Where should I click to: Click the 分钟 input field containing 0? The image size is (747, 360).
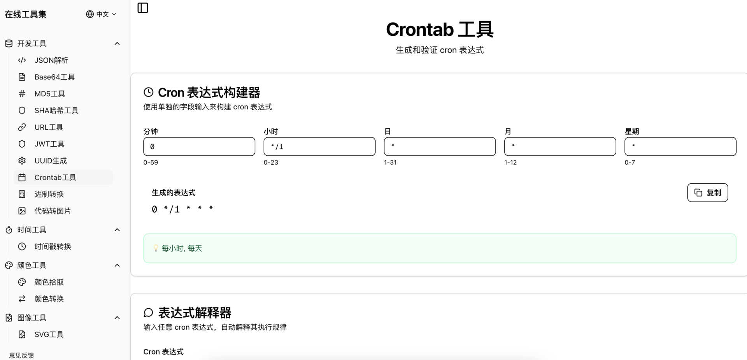[x=199, y=146]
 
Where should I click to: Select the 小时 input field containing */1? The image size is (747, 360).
[x=319, y=146]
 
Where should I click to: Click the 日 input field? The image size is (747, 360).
[x=440, y=146]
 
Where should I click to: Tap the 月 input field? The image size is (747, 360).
[x=560, y=146]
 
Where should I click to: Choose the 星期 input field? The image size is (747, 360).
[x=680, y=146]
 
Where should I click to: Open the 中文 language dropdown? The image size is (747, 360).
[x=101, y=14]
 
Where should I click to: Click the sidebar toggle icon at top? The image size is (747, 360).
[x=143, y=8]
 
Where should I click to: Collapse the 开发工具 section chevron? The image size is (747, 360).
[x=117, y=44]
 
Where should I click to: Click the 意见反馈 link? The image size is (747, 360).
[x=21, y=355]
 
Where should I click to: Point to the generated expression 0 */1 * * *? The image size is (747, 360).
[x=182, y=209]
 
